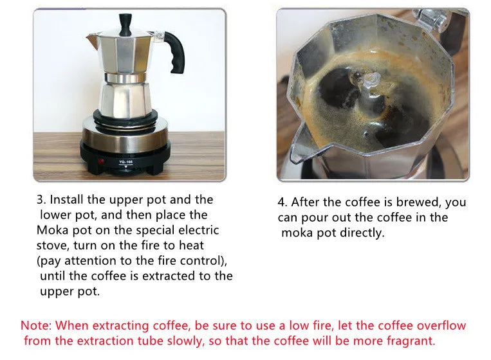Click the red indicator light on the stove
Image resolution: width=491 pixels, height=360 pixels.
[100, 161]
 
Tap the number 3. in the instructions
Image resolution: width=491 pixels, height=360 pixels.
[40, 200]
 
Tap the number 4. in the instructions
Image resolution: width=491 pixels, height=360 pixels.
[282, 203]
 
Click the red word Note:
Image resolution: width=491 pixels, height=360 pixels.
[37, 326]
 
